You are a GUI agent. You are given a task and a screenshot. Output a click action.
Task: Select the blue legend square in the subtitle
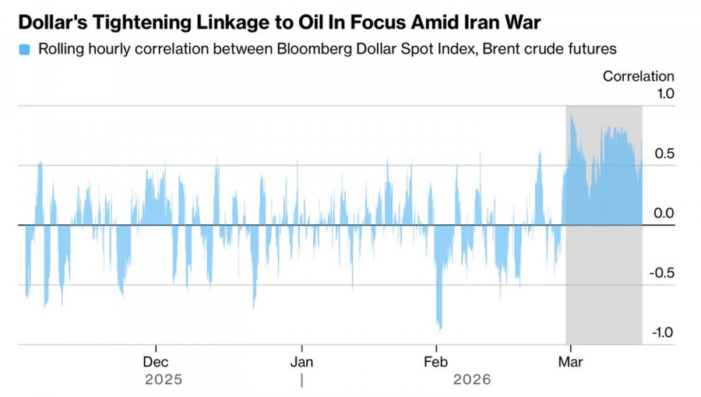(24, 50)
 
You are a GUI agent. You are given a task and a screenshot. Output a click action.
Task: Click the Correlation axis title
(638, 76)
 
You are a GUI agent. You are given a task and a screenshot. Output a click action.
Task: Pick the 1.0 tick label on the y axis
(664, 93)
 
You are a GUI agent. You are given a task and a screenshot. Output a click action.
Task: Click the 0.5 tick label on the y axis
(664, 153)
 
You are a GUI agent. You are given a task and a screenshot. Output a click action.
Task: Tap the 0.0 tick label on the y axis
(664, 213)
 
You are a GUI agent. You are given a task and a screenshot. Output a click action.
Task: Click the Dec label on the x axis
(156, 362)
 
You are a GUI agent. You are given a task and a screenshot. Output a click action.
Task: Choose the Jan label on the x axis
(301, 362)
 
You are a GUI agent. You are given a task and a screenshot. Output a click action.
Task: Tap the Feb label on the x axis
(436, 362)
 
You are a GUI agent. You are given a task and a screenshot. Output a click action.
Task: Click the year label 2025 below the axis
(164, 380)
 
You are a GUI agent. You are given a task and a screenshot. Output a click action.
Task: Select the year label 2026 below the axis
(472, 380)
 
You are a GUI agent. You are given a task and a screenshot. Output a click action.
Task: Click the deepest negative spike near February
(439, 328)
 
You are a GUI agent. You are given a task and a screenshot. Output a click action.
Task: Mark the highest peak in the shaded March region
(572, 118)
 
